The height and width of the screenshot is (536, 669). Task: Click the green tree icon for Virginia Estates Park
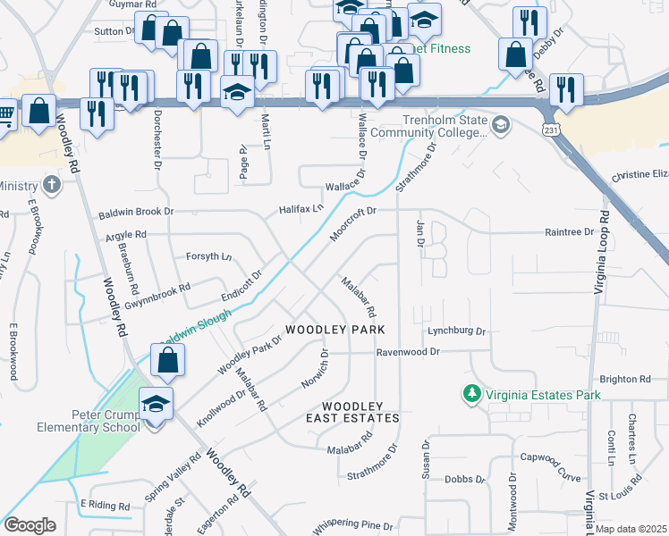click(470, 393)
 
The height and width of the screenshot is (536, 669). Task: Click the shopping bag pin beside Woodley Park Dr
click(168, 362)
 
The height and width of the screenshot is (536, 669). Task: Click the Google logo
click(30, 525)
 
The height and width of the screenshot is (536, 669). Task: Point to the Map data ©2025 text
click(631, 529)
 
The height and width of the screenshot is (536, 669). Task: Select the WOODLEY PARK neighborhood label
click(335, 330)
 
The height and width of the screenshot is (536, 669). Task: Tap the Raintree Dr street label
click(570, 232)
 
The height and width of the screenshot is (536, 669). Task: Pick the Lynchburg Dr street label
click(455, 331)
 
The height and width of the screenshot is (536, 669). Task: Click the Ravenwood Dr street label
click(408, 352)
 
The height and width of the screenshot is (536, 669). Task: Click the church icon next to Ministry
click(52, 186)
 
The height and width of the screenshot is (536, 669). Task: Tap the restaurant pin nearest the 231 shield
click(566, 90)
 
